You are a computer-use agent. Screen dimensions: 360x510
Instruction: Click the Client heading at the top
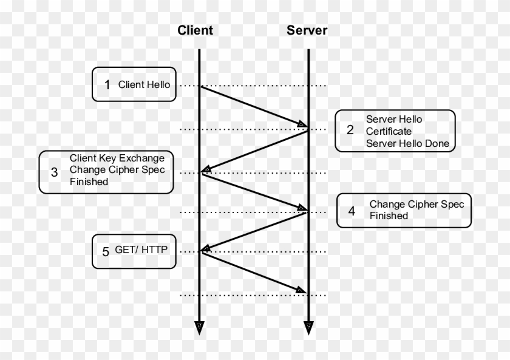click(195, 30)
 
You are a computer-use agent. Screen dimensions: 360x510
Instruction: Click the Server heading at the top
click(307, 30)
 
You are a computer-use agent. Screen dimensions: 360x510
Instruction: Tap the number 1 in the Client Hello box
click(107, 85)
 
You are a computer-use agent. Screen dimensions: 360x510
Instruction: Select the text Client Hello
click(144, 85)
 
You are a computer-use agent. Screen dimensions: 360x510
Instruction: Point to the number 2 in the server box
click(350, 130)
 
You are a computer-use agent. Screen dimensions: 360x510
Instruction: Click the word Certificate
click(388, 131)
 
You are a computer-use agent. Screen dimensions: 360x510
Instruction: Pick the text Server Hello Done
click(407, 144)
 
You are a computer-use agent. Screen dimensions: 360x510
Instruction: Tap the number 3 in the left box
click(54, 172)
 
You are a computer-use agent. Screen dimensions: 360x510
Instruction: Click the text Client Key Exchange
click(117, 158)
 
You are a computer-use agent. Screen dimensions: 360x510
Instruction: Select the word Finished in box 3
click(89, 182)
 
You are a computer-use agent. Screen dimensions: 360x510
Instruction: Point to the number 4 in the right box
click(352, 211)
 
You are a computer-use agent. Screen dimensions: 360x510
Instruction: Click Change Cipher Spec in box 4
click(416, 205)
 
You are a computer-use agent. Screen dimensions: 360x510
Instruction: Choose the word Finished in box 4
click(389, 216)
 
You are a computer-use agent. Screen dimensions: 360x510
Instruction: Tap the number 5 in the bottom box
click(106, 251)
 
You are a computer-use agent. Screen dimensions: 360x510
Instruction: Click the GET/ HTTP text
click(141, 250)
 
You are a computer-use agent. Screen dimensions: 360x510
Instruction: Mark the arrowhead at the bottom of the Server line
click(308, 328)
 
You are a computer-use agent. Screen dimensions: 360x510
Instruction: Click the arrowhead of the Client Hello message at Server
click(302, 125)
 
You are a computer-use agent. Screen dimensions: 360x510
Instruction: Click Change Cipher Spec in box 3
click(117, 169)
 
